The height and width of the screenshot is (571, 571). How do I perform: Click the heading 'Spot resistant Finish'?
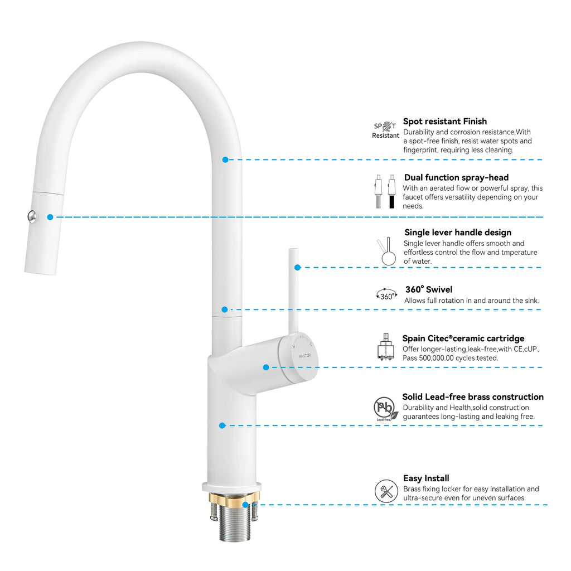445,122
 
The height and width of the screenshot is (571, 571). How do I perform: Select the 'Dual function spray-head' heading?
456,178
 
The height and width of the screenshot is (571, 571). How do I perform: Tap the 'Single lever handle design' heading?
458,233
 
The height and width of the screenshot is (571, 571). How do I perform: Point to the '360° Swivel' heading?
429,289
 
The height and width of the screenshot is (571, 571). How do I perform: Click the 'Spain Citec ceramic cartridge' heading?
463,338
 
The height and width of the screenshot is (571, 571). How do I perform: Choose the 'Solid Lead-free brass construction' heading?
473,397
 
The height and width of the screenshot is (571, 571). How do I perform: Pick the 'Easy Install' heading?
426,478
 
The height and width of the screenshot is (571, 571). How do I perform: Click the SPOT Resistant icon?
386,130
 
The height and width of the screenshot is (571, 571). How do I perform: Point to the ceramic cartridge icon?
386,348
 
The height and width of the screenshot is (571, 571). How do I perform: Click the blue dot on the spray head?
50,217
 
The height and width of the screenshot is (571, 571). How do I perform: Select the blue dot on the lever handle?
298,268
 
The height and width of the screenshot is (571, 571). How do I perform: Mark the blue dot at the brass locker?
246,504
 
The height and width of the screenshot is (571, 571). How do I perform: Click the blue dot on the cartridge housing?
266,367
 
